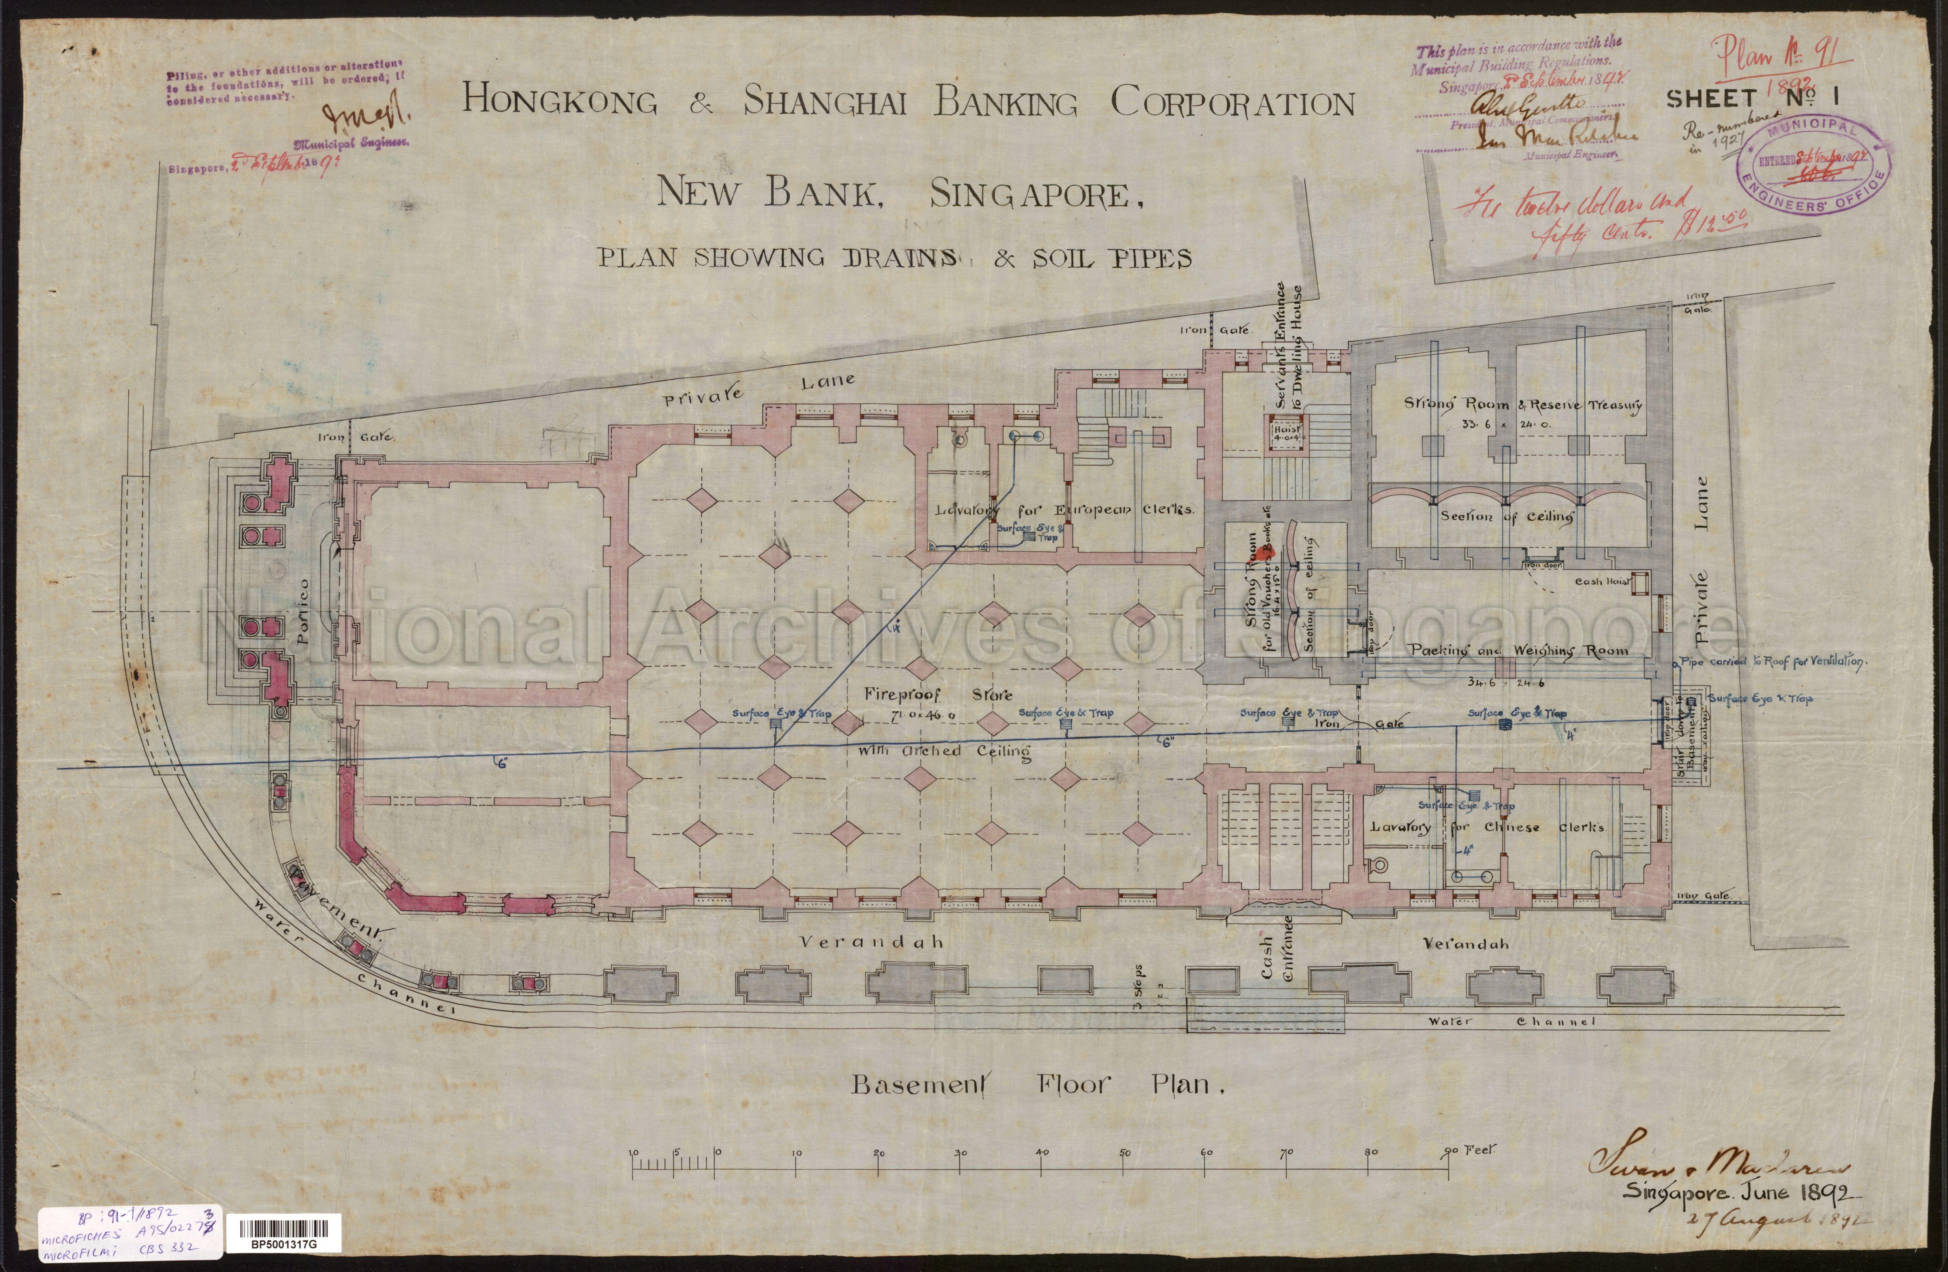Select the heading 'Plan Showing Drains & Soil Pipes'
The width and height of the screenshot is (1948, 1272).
pos(894,258)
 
